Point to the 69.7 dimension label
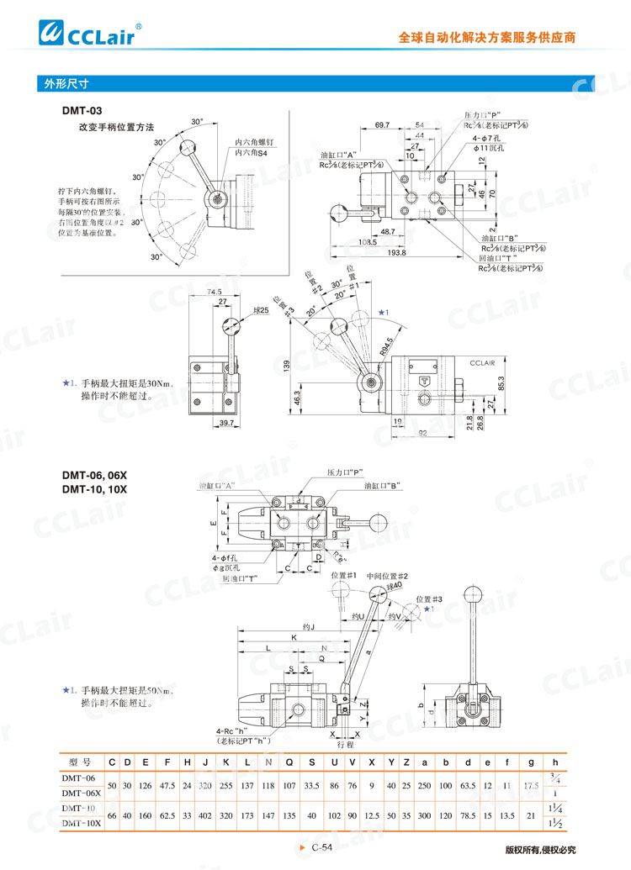pyautogui.click(x=382, y=124)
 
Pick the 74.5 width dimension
pyautogui.click(x=214, y=291)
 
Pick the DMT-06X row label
pyautogui.click(x=81, y=793)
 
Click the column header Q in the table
pyautogui.click(x=289, y=762)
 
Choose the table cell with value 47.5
pyautogui.click(x=167, y=786)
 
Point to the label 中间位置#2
pyautogui.click(x=387, y=576)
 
